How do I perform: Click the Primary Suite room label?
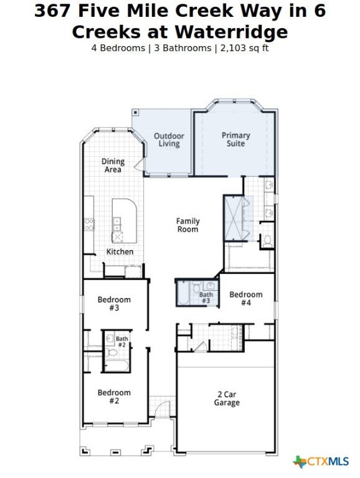pos(235,139)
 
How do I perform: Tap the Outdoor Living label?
pos(169,140)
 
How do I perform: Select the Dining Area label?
pos(113,166)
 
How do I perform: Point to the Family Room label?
pos(188,225)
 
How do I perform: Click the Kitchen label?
pos(120,252)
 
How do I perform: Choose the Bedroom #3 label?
pos(114,304)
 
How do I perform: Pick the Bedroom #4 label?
pos(246,299)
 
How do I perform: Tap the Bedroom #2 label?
pos(114,396)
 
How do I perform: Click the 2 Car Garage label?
pos(227,398)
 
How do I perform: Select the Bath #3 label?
pos(206,298)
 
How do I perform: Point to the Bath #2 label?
pos(121,342)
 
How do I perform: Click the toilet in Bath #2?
pos(111,353)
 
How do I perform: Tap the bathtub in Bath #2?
pos(117,365)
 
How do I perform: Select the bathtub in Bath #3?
pos(183,293)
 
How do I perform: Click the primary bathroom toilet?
pos(268,241)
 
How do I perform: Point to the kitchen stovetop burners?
pos(89,224)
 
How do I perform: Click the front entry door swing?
pos(163,409)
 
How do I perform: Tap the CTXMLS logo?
pos(321,462)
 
